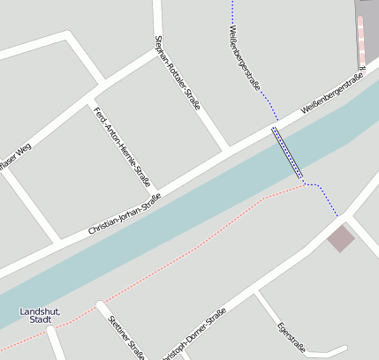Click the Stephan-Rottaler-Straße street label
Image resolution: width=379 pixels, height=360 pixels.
tap(178, 72)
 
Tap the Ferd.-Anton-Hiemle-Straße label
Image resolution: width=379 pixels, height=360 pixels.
tap(122, 146)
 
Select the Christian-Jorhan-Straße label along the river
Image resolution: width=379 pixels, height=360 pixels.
tap(125, 214)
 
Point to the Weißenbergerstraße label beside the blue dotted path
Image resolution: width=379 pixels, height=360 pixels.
tap(245, 58)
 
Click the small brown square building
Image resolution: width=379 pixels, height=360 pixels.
tap(340, 237)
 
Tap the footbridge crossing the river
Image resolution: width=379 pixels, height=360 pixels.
tap(287, 154)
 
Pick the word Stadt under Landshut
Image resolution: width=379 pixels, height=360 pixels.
tap(41, 320)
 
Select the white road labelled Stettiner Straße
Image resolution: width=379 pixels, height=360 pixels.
tap(110, 323)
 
